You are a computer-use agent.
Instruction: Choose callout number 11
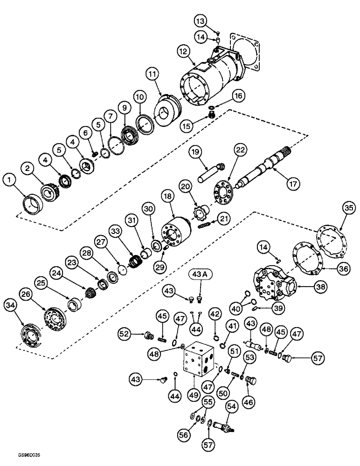coord(152,74)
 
